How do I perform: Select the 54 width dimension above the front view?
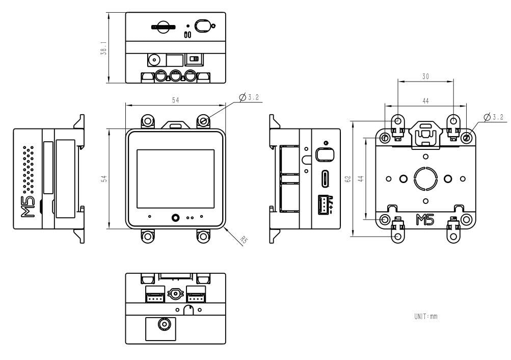pyautogui.click(x=175, y=100)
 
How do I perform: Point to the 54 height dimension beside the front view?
pyautogui.click(x=103, y=179)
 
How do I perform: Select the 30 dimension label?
pyautogui.click(x=425, y=76)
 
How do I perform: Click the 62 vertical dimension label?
pyautogui.click(x=347, y=179)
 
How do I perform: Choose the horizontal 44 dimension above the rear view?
pyautogui.click(x=425, y=101)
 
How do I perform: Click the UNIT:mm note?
pyautogui.click(x=426, y=317)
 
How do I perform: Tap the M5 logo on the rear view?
pyautogui.click(x=425, y=220)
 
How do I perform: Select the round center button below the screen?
pyautogui.click(x=175, y=217)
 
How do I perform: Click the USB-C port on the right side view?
pyautogui.click(x=325, y=179)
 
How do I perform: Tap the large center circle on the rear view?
pyautogui.click(x=425, y=178)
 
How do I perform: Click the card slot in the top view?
pyautogui.click(x=163, y=27)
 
